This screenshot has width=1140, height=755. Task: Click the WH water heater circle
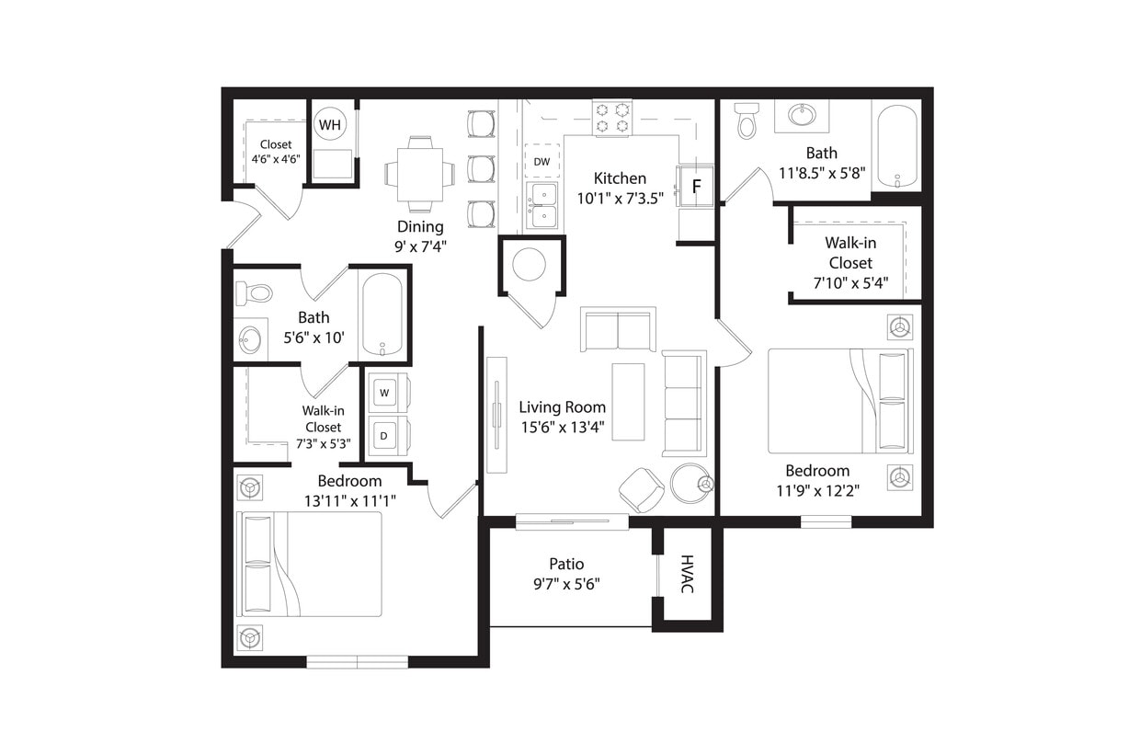(330, 124)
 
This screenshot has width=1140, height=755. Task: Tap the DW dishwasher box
(541, 161)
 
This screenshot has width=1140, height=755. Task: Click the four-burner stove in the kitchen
(611, 117)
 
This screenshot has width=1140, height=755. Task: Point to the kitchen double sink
(541, 205)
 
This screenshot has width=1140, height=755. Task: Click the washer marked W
(385, 393)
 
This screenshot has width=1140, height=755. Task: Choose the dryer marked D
(385, 434)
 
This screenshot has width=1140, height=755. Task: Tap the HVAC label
(687, 574)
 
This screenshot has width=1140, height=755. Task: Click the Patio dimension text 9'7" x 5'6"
(567, 583)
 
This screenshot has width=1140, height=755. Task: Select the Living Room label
(562, 406)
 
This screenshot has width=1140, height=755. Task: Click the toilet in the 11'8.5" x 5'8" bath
(747, 120)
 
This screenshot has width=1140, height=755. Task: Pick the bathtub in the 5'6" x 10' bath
(382, 314)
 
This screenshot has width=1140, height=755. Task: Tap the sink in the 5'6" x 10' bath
(249, 340)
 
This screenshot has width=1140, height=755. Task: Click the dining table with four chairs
(419, 174)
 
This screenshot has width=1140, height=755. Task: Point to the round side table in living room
(689, 483)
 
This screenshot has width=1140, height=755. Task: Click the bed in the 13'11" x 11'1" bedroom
(310, 564)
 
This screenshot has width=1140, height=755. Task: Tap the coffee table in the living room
(628, 402)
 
